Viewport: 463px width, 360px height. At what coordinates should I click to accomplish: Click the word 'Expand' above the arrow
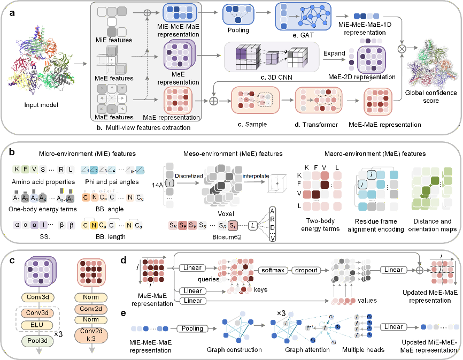[335, 53]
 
